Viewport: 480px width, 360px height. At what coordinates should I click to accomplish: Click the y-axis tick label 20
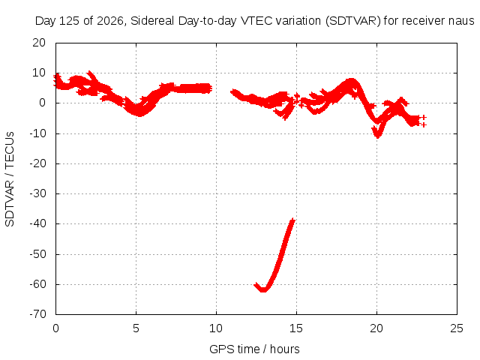[39, 43]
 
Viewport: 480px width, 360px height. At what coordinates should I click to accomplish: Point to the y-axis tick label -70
[37, 314]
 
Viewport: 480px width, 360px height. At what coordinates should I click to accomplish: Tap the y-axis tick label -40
[37, 223]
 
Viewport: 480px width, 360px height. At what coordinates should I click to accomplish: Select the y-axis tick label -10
[37, 133]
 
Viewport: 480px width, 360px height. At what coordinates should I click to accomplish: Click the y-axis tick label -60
[37, 284]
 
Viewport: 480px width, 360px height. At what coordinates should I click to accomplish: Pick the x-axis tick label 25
[457, 328]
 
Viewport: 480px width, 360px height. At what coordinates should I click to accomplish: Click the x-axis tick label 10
[216, 328]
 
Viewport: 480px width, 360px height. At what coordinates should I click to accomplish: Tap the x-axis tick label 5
[136, 328]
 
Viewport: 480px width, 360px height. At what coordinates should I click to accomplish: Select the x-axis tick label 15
[296, 328]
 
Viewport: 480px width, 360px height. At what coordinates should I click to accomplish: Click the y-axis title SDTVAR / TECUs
[10, 179]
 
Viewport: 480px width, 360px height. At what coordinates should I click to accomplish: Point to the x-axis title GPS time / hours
[254, 349]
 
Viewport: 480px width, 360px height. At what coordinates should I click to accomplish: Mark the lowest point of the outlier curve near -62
[263, 290]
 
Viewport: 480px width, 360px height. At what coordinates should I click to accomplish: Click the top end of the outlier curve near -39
[293, 220]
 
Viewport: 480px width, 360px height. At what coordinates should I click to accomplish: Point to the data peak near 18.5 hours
[351, 81]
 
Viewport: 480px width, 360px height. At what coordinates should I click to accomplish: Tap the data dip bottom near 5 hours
[139, 114]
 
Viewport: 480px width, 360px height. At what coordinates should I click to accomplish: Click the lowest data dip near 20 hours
[377, 136]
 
